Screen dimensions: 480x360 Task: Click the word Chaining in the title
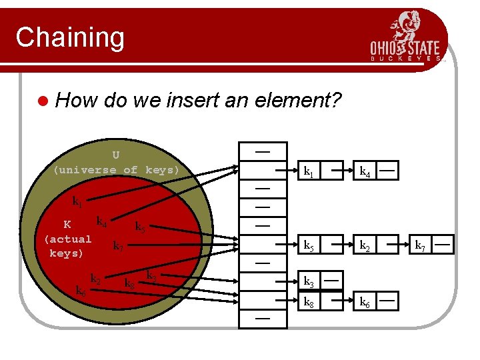click(x=70, y=37)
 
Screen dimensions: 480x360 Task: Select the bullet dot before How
click(x=43, y=101)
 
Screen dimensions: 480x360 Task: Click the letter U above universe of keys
click(x=116, y=155)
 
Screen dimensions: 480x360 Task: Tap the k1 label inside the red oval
click(x=78, y=201)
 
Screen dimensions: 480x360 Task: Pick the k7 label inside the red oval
click(x=118, y=247)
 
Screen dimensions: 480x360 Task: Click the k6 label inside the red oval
click(x=80, y=291)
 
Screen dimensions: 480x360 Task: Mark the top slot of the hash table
click(x=263, y=151)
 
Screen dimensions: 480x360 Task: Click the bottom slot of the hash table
click(x=263, y=319)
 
